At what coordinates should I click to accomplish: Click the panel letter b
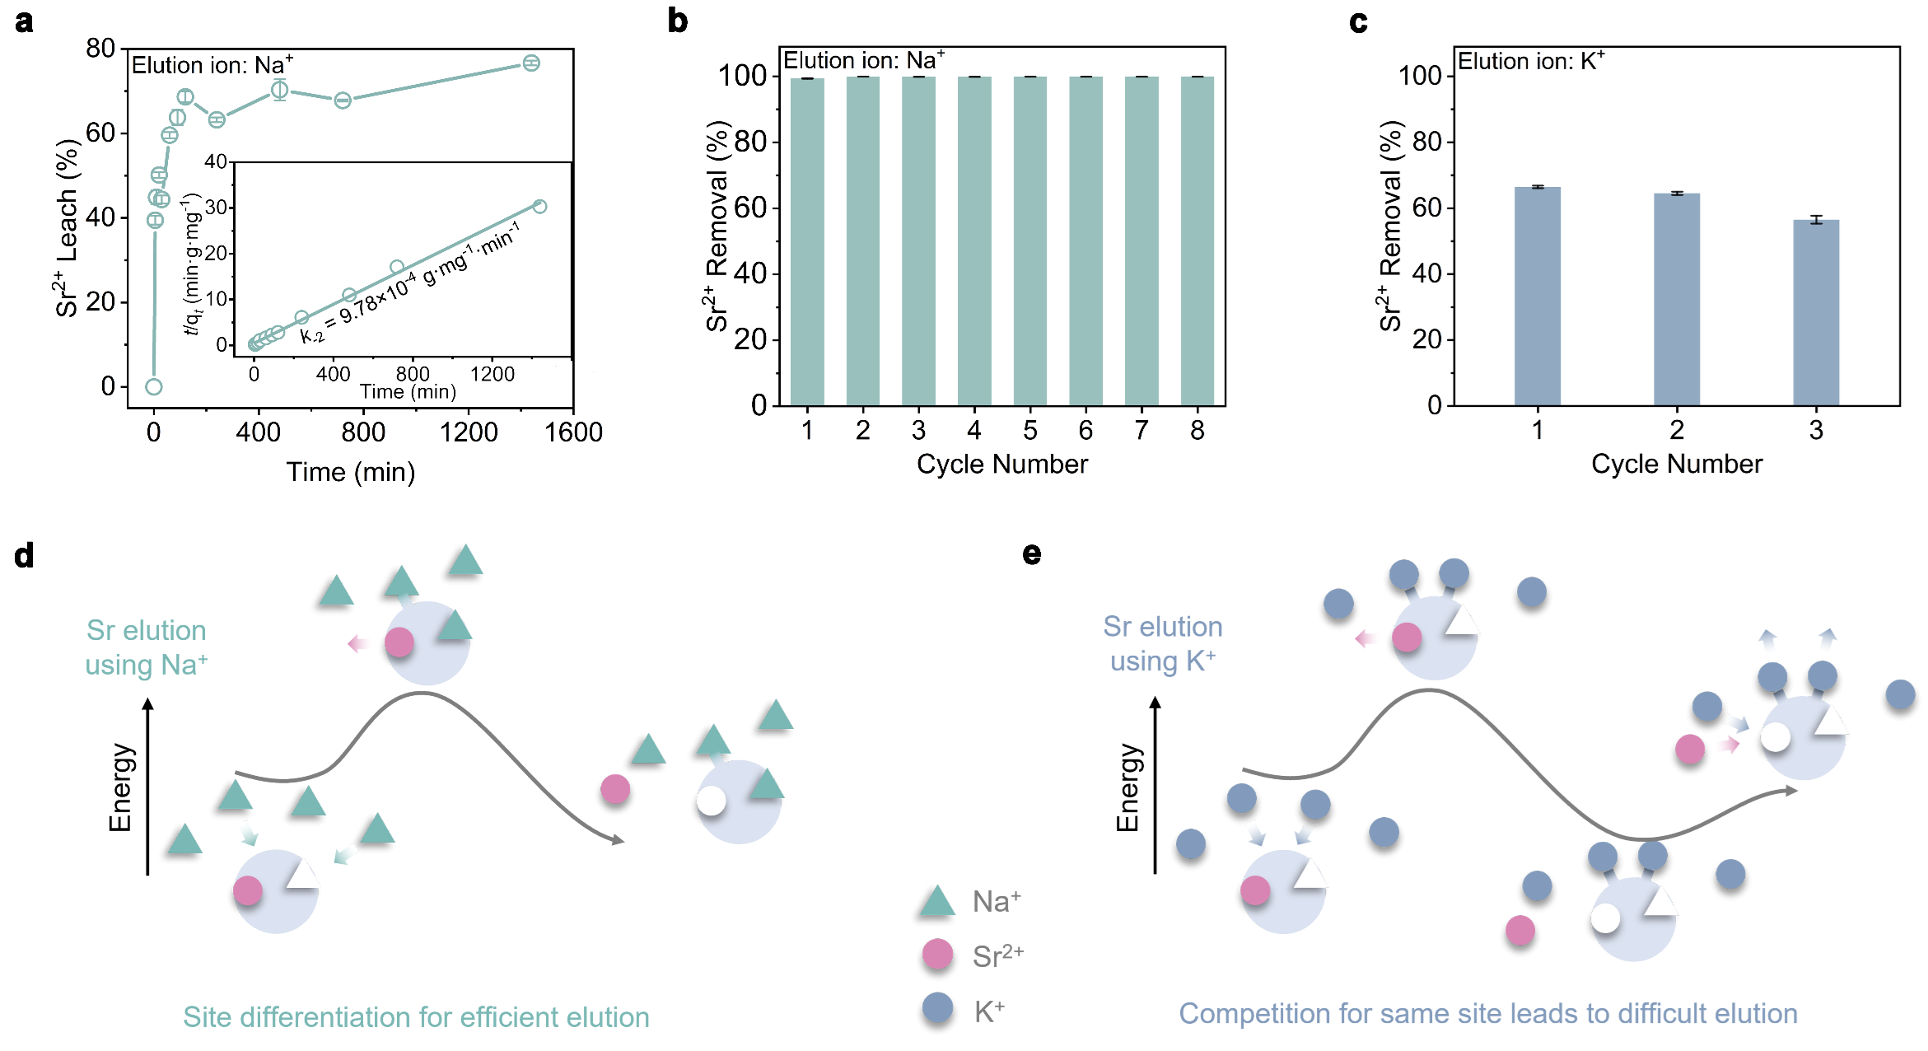pos(677,21)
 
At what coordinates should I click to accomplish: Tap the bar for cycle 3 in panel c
pos(1815,313)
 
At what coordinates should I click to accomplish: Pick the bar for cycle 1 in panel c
pos(1537,297)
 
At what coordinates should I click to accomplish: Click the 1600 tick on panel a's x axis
pos(573,432)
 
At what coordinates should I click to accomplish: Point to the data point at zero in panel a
pos(153,386)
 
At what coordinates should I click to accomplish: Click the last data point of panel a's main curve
pos(531,63)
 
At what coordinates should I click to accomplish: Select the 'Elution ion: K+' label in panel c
pos(1530,62)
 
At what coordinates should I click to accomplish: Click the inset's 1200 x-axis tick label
pos(492,375)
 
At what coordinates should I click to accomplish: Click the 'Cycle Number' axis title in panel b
pos(1001,465)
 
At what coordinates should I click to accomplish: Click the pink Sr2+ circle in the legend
pos(937,955)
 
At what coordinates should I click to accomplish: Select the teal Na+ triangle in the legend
pos(937,903)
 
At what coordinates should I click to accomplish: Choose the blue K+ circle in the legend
pos(937,1007)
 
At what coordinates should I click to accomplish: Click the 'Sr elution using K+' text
pos(1162,644)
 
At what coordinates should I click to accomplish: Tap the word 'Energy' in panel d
pos(120,787)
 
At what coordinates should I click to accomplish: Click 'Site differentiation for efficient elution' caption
pos(416,1017)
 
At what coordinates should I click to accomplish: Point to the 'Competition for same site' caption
pos(1487,1014)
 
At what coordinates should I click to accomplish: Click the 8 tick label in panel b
pos(1197,431)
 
